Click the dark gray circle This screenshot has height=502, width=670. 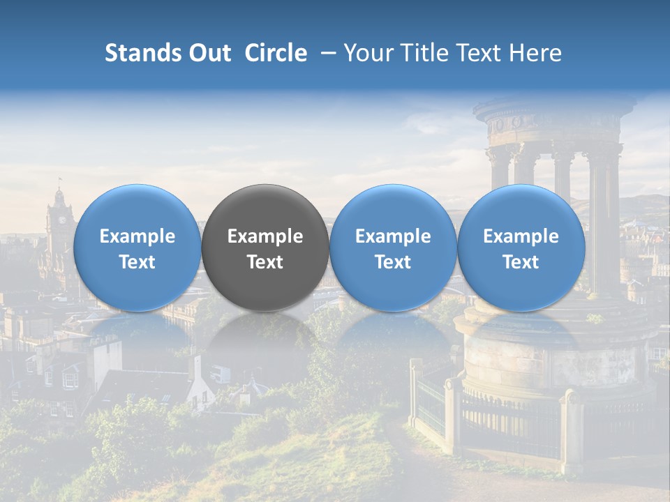coord(265,248)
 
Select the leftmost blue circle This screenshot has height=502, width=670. coord(137,248)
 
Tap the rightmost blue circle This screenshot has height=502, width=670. coord(521,248)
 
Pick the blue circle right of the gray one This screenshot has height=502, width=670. coord(393,248)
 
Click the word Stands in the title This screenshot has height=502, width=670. coord(142,53)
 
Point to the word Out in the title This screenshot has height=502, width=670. coord(209,53)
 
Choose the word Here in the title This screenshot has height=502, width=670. coord(535,53)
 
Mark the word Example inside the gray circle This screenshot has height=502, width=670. coord(265,236)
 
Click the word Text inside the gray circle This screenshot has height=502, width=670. coord(265,262)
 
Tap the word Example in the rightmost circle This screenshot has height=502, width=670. coord(521,236)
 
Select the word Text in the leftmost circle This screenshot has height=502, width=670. coord(137,262)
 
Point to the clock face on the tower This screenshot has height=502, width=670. coord(61,219)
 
